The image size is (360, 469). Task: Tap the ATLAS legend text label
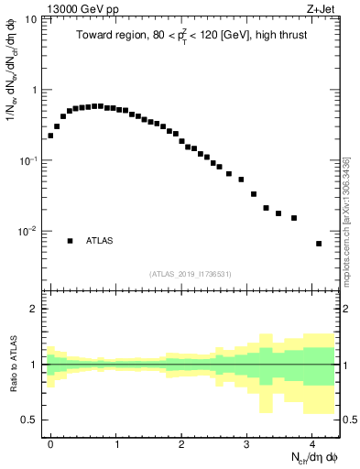tap(100, 241)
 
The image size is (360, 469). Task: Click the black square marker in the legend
tap(70, 241)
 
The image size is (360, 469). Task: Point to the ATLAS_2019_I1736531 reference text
tap(191, 274)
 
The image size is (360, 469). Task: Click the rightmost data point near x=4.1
tap(318, 244)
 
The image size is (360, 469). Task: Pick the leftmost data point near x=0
tap(50, 136)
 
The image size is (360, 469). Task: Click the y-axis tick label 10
tap(31, 19)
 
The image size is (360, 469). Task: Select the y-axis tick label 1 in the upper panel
tap(35, 90)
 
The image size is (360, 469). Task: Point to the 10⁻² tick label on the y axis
tap(28, 231)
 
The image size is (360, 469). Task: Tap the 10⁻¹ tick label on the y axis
tap(28, 160)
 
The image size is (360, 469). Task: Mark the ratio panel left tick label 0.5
tap(31, 420)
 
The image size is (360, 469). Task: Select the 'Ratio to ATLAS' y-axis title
tap(12, 364)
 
